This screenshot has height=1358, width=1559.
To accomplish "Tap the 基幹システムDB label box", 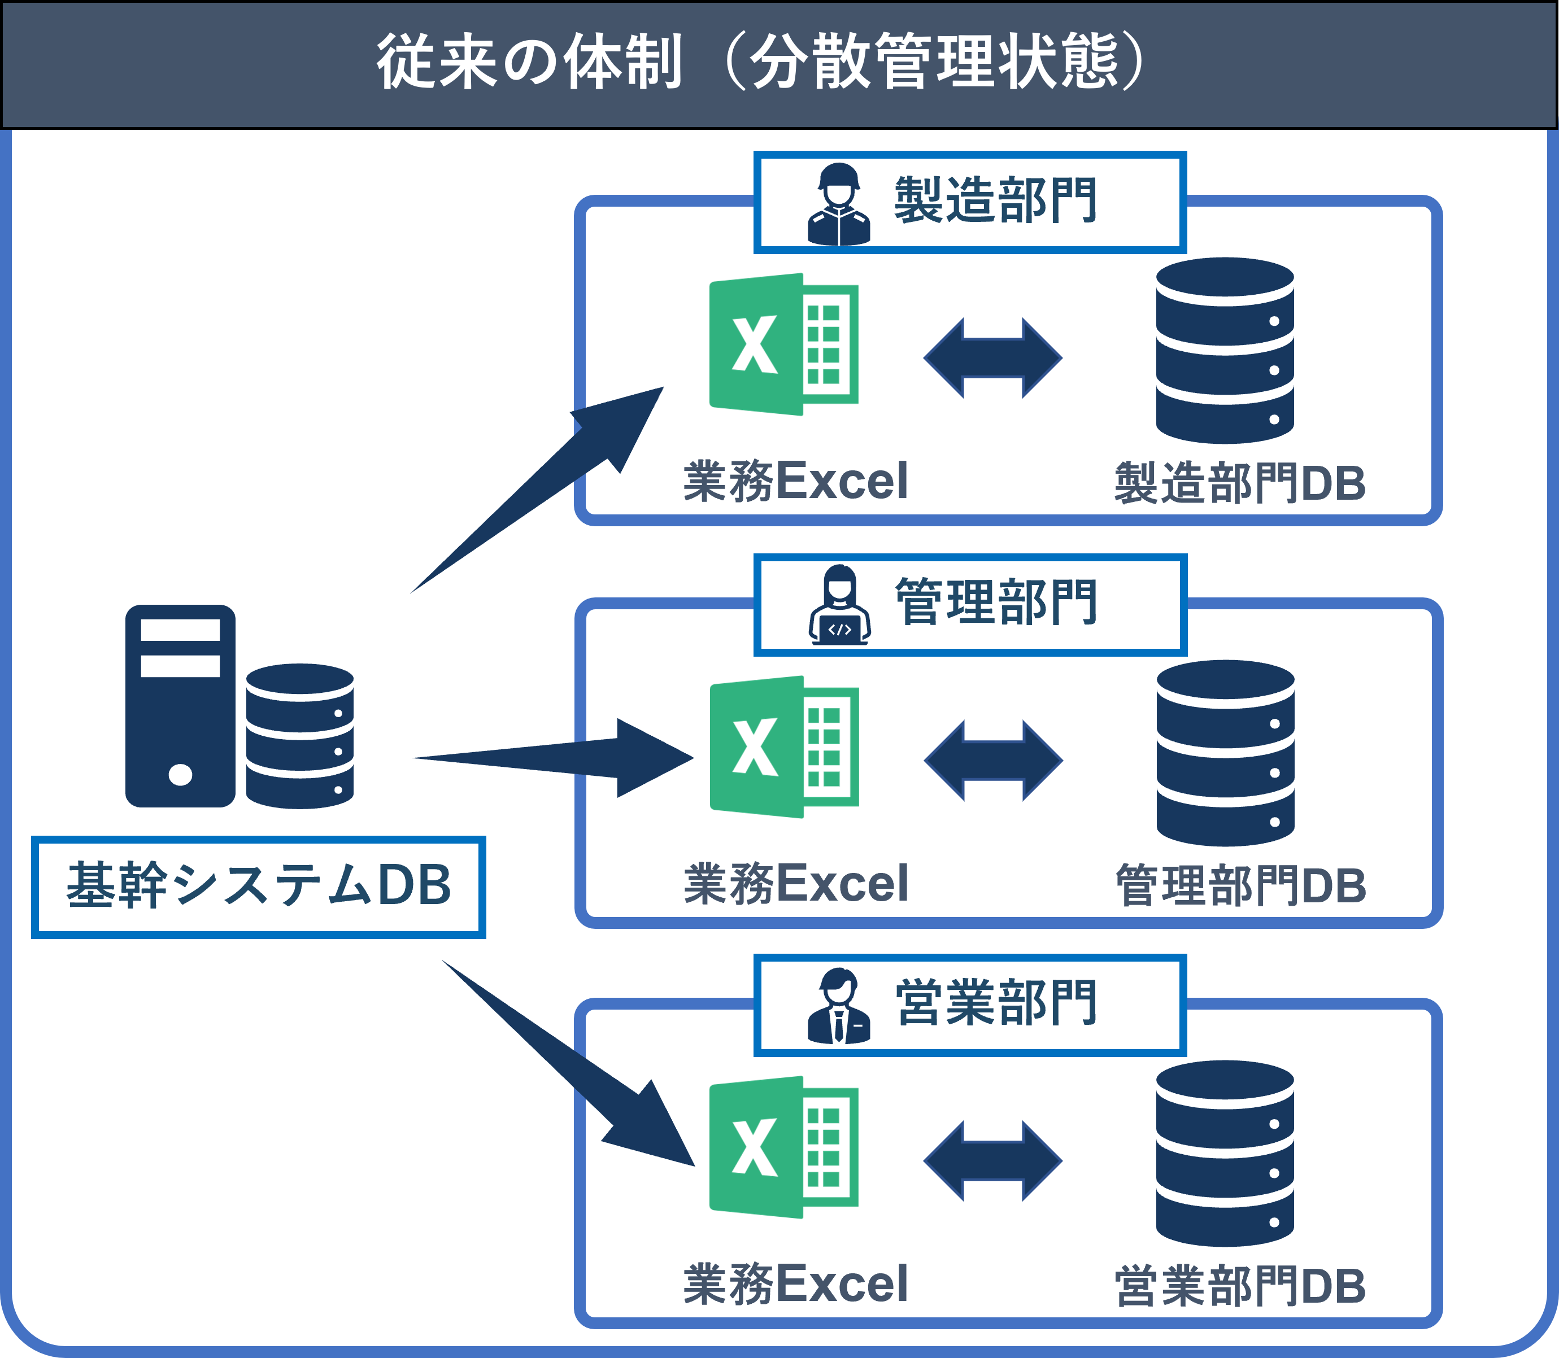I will [x=259, y=886].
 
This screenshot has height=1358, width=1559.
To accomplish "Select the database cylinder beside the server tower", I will [x=299, y=736].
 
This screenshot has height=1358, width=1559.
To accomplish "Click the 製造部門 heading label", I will [x=995, y=201].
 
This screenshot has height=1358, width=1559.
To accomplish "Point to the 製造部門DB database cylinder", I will [x=1224, y=350].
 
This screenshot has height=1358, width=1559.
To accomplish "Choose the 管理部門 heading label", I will [x=995, y=603].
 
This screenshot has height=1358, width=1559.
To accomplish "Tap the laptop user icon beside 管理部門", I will [x=838, y=606].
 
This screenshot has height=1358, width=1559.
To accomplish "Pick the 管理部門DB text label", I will [x=1240, y=885].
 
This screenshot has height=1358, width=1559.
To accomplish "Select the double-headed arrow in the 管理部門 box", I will [x=993, y=760].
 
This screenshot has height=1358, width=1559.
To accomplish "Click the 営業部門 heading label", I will [x=995, y=1003].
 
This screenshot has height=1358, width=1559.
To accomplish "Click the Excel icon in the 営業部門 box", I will [x=783, y=1147].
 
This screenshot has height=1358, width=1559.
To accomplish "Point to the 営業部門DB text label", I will [x=1240, y=1286].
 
